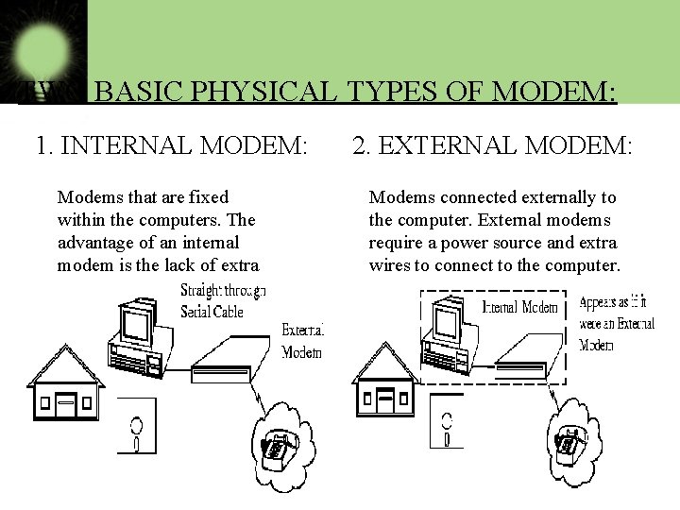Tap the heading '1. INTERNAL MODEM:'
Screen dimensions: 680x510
(x=171, y=145)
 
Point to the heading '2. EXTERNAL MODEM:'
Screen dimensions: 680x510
(x=491, y=145)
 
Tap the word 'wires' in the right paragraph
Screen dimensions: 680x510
(x=390, y=265)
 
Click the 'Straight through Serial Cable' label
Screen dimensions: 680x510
(x=222, y=301)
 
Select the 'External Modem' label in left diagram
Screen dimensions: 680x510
(x=302, y=341)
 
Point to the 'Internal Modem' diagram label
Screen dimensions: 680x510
(x=519, y=307)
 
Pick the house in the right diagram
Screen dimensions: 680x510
(x=384, y=380)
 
